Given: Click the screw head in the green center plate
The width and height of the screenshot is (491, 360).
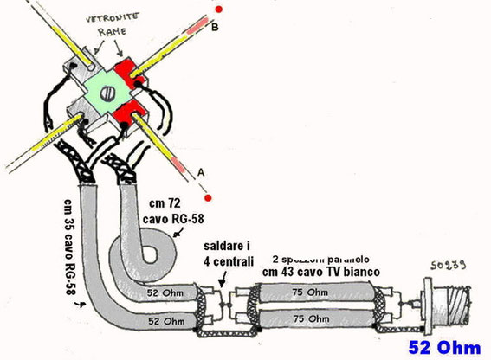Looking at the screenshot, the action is point(107,94).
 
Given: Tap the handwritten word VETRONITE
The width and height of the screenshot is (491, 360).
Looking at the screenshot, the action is point(113,17).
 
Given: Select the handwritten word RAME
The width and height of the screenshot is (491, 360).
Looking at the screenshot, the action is point(112,31).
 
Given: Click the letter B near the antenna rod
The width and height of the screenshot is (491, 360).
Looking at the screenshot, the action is point(215,27).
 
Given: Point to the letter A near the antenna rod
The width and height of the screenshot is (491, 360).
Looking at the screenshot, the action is point(201,172).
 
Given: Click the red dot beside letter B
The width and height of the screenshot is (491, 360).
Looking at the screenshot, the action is point(218,10).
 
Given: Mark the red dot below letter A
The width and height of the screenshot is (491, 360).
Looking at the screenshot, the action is point(208,198).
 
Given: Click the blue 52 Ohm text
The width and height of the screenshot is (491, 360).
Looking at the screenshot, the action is point(444,348).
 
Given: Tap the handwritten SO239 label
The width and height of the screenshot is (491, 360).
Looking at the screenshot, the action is point(448,266).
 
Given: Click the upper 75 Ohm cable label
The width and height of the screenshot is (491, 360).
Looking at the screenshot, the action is point(310,292).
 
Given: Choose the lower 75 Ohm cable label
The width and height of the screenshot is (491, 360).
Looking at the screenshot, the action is point(311,319).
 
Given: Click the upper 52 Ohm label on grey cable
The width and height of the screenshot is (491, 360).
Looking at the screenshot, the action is point(165,293).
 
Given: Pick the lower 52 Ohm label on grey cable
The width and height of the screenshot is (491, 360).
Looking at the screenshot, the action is point(166,321).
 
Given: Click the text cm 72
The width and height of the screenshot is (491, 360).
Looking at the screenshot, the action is point(165,203).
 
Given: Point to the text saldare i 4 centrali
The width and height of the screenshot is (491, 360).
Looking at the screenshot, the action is point(229,254).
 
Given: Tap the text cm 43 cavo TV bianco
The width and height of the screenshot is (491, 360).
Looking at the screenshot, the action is point(321,272).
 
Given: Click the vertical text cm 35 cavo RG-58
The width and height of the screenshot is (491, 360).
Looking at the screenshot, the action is point(69,247).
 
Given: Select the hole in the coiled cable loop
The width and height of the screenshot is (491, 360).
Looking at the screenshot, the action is point(150,254).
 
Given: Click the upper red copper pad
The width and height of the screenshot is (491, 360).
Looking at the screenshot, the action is point(128,73).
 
